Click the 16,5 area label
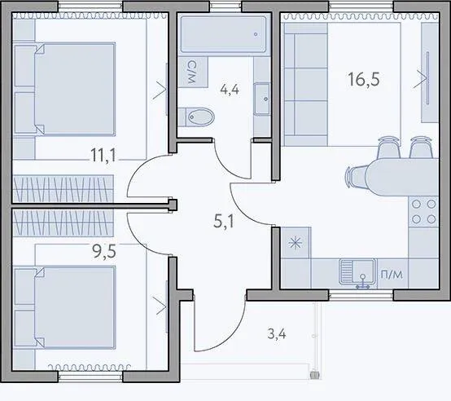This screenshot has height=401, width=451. click(x=364, y=79)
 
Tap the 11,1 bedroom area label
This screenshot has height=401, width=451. click(x=103, y=155)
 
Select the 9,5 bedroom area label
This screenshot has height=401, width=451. click(x=104, y=251)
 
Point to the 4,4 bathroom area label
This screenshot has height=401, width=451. click(x=230, y=90)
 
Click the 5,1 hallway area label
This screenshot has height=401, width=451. click(x=224, y=222)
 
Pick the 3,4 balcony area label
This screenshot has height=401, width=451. click(x=277, y=334)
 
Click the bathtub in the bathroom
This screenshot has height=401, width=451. click(x=224, y=34)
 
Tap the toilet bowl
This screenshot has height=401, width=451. click(x=196, y=117)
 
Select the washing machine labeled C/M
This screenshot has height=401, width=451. click(x=193, y=73)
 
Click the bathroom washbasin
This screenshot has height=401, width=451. click(x=262, y=99)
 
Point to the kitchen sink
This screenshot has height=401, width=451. click(x=358, y=272)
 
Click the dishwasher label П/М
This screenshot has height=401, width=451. click(x=392, y=275)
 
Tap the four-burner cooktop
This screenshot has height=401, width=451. click(x=423, y=212)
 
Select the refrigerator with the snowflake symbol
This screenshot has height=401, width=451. click(x=296, y=243)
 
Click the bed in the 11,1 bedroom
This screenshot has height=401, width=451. click(x=65, y=89)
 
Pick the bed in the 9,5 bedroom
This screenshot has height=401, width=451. click(x=65, y=307)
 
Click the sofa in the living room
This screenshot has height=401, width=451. click(x=305, y=84)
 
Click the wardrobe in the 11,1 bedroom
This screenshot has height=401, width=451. click(x=63, y=188)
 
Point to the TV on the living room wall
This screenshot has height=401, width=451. click(x=428, y=77)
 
